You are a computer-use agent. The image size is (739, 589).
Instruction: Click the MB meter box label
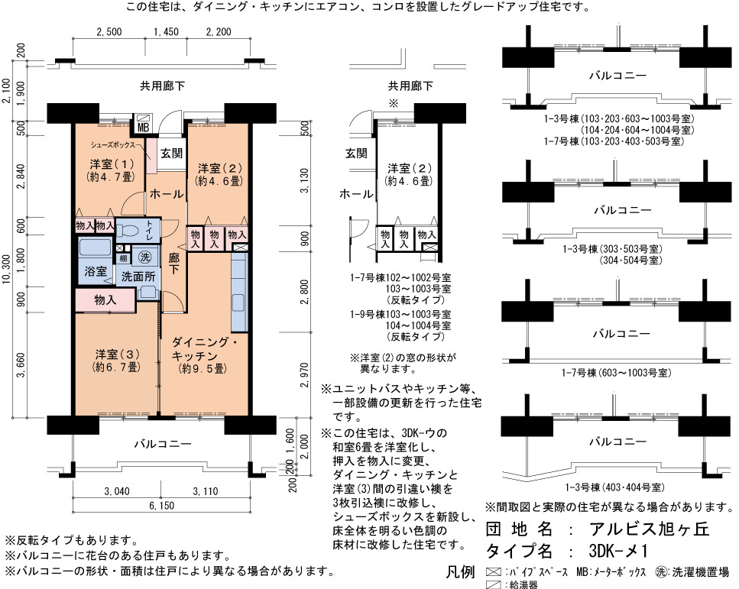[143, 128]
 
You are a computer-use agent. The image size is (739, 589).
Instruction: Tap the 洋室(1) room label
[112, 164]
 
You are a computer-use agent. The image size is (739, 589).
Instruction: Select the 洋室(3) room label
[117, 354]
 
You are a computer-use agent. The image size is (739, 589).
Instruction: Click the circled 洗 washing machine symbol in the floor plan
[145, 257]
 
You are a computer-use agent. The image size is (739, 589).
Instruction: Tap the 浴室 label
[96, 271]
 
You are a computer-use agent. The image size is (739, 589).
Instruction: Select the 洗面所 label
[138, 277]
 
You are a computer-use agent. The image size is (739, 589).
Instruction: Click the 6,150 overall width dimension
[162, 506]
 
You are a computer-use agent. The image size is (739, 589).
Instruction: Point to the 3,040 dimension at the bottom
[117, 491]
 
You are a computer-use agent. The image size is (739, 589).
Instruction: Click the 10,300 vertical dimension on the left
[7, 270]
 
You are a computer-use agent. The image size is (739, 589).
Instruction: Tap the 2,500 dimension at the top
[109, 31]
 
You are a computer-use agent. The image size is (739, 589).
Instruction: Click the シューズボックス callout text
[113, 144]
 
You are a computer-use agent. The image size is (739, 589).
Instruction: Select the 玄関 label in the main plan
[171, 153]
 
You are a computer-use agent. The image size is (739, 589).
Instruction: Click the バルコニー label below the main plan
[163, 444]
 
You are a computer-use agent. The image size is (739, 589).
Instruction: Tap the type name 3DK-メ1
[618, 551]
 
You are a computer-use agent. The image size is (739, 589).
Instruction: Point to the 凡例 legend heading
[461, 572]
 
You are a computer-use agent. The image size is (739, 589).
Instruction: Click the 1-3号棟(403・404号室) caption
[615, 487]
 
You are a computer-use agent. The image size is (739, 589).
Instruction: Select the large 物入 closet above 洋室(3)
[105, 299]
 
